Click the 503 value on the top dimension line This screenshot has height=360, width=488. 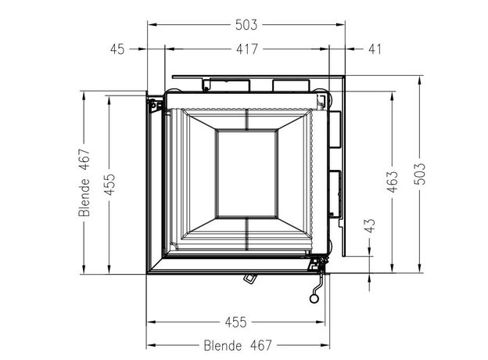tap(246, 24)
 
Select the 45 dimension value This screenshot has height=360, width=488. tap(117, 49)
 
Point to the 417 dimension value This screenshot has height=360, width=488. tap(247, 49)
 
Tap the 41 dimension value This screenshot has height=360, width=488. tap(375, 49)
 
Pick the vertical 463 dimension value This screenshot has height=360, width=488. tap(393, 182)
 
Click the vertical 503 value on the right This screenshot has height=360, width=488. tap(420, 174)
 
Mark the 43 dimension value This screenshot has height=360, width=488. tap(371, 225)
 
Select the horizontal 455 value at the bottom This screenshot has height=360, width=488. tap(235, 322)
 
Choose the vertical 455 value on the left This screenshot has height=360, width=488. tap(109, 185)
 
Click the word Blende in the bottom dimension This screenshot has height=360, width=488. tap(223, 345)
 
